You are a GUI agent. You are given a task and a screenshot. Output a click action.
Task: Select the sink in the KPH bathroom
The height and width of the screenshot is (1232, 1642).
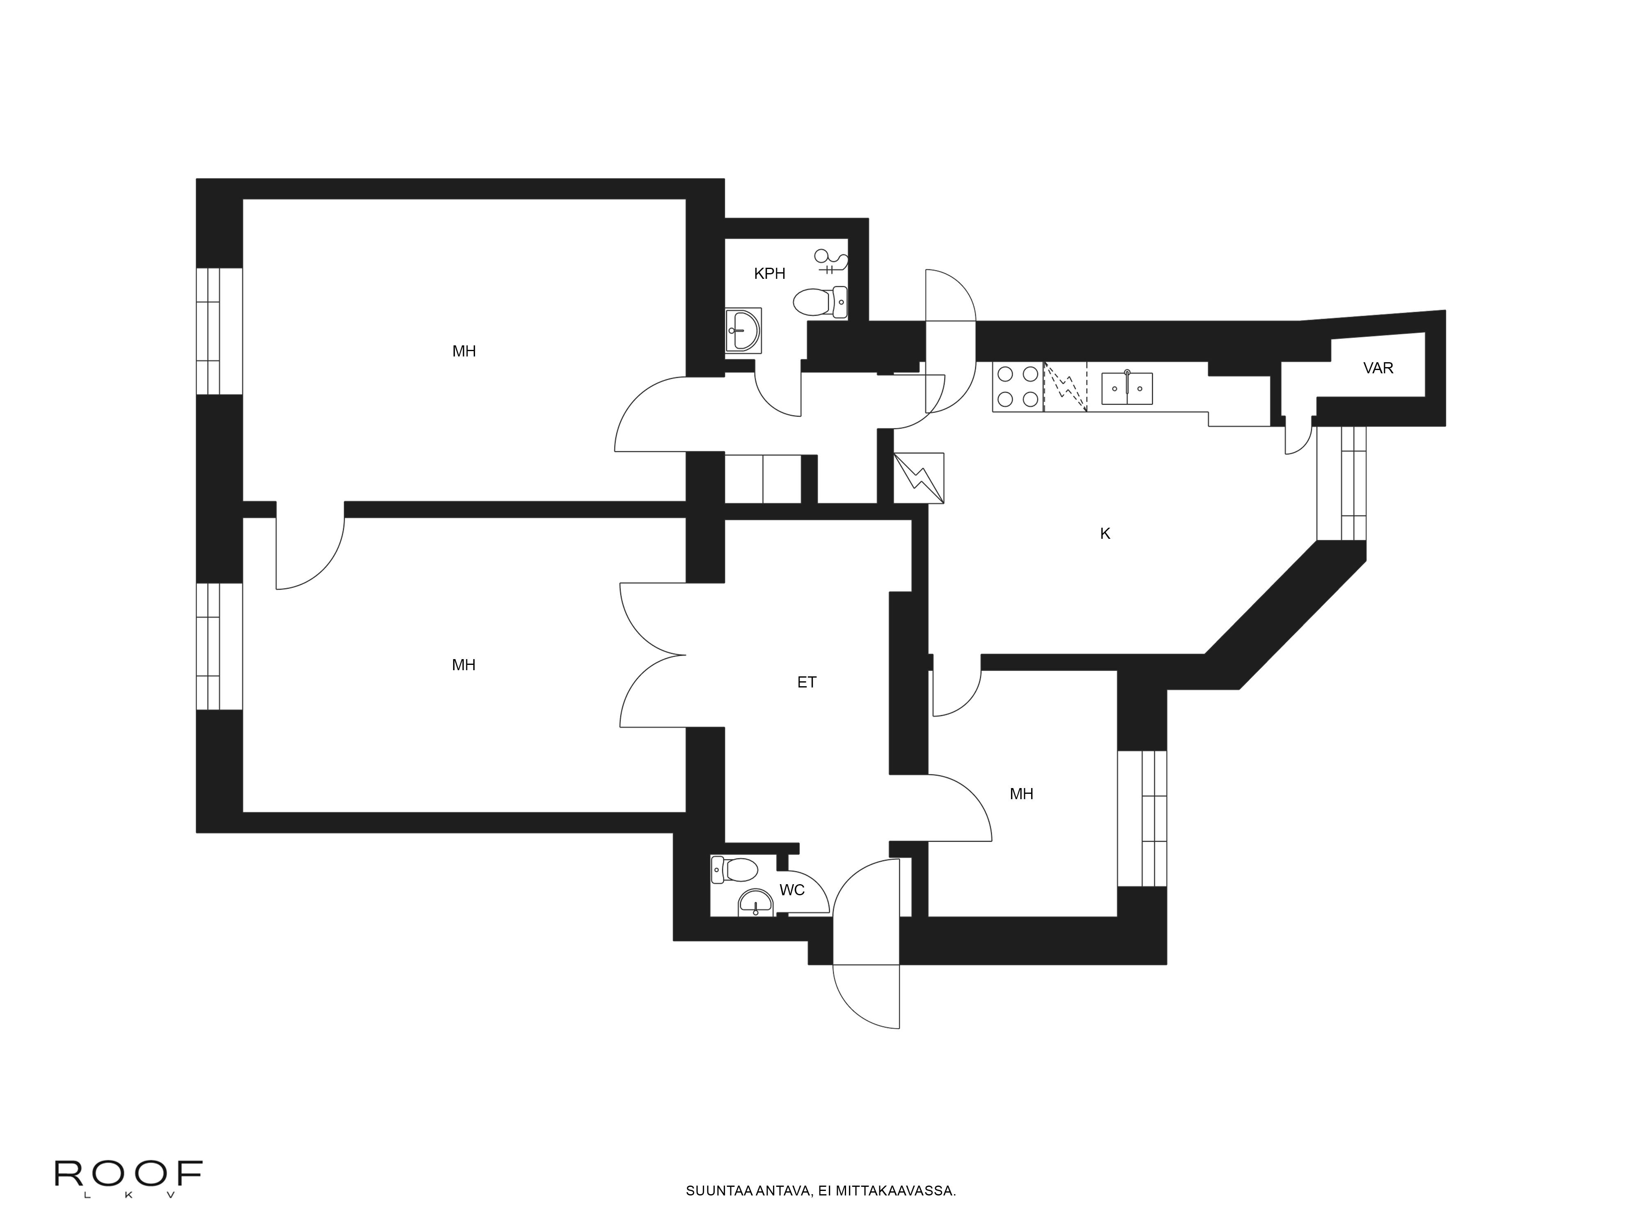[x=742, y=330]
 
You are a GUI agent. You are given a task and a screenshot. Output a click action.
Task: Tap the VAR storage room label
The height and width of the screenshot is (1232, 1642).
[x=1378, y=368]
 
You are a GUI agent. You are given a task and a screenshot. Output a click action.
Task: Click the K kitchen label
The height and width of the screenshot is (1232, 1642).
[x=1105, y=533]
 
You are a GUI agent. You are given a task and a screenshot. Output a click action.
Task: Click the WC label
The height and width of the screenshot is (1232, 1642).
[x=791, y=890]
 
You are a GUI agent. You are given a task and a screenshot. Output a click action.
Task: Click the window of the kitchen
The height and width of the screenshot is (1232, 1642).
[x=1342, y=483]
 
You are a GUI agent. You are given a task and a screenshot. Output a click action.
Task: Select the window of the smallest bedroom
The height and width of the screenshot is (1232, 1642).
[x=1142, y=818]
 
